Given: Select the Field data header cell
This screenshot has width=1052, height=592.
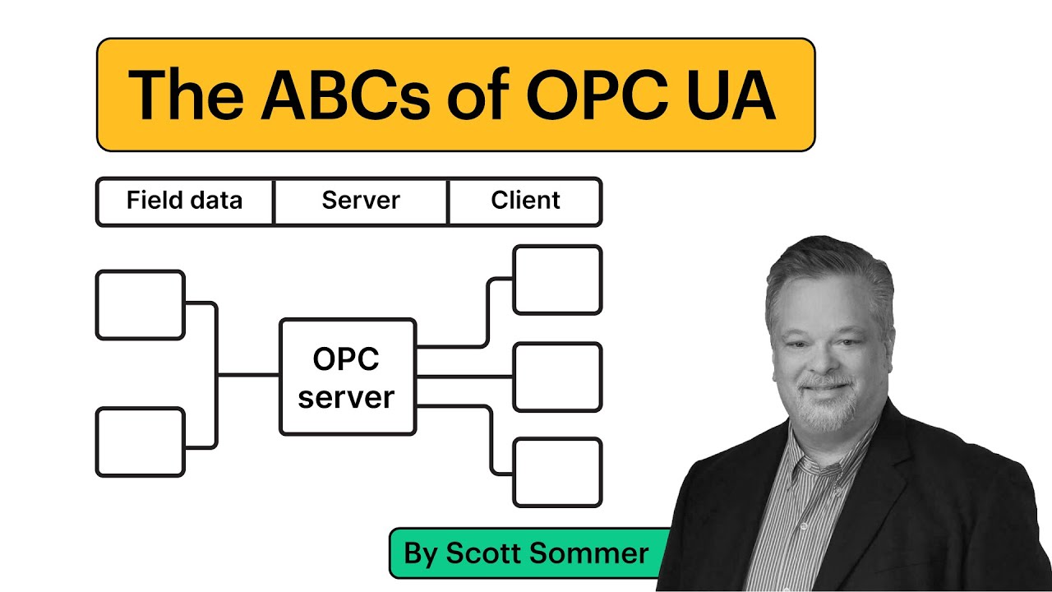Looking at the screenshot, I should (184, 201).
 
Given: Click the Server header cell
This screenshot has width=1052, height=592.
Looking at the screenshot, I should (361, 201).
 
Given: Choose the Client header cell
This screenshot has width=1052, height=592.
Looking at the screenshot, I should (525, 201).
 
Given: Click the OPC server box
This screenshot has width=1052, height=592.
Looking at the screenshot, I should (348, 377).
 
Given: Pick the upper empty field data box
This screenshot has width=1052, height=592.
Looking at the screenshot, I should (140, 304).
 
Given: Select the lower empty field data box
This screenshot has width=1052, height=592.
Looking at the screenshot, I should (140, 442).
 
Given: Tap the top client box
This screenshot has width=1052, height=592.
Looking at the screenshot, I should (557, 280).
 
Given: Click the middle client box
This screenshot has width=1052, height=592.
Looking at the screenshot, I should (557, 377).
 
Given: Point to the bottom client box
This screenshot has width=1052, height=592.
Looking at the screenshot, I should (557, 472).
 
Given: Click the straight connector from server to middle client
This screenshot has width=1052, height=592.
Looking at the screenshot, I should (464, 377).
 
